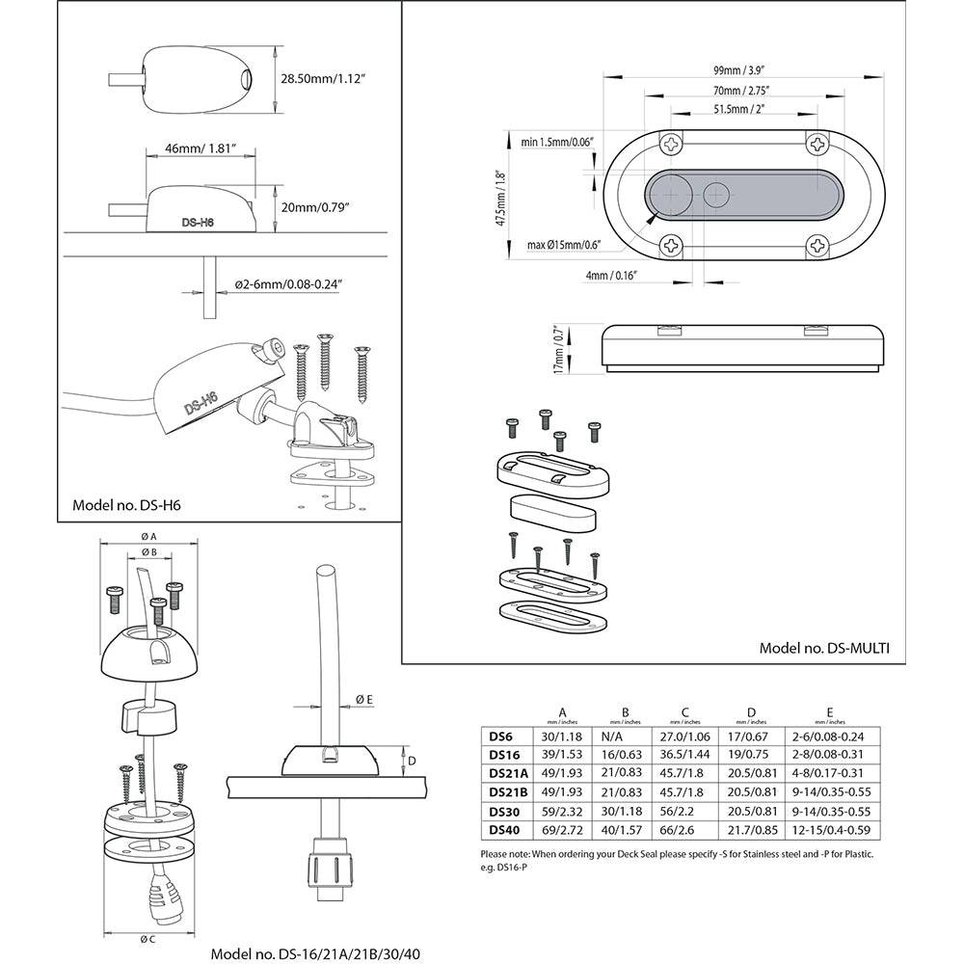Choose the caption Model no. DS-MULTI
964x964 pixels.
point(824,649)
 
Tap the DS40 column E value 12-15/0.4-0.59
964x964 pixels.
point(827,829)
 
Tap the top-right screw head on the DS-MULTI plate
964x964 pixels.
point(817,145)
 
